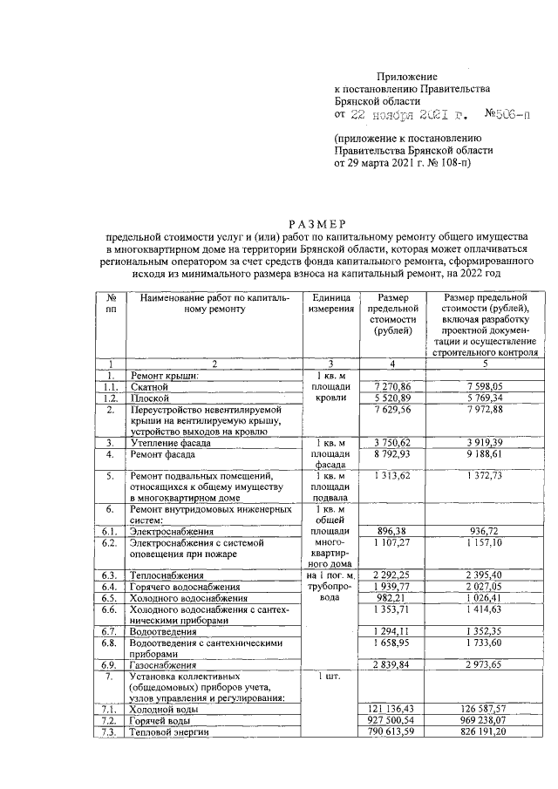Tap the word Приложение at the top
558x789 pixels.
point(406,78)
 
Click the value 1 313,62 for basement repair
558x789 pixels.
point(391,477)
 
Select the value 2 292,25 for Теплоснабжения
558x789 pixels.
point(391,575)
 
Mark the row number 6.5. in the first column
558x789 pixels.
point(109,598)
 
